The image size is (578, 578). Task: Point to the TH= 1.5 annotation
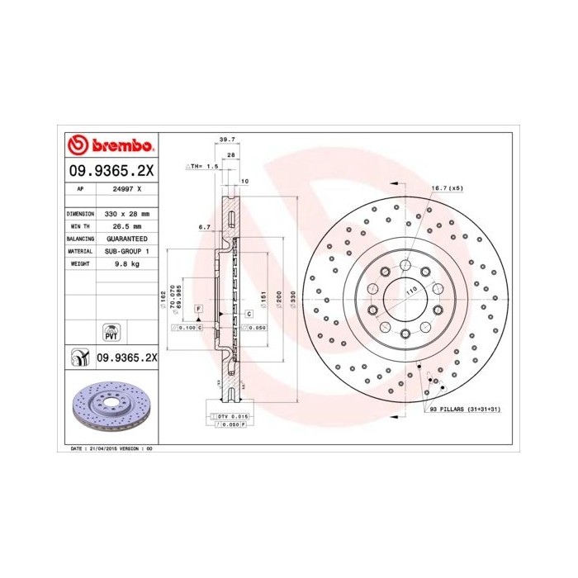pos(203,166)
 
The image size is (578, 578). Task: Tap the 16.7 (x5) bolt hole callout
pos(447,188)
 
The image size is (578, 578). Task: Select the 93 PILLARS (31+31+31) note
pos(464,410)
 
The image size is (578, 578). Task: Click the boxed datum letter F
pos(199,308)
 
